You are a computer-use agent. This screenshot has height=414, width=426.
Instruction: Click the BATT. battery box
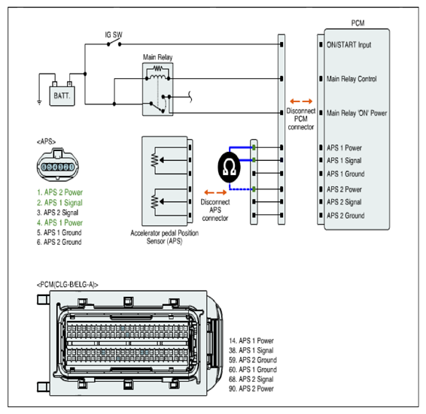point(62,95)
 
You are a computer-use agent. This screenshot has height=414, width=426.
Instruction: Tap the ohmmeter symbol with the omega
point(229,167)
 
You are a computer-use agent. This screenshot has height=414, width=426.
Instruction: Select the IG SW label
point(114,35)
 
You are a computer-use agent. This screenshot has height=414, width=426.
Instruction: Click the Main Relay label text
point(157,57)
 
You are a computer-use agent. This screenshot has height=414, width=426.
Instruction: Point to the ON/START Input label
point(348,45)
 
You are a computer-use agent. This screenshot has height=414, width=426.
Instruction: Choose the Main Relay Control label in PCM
point(351,79)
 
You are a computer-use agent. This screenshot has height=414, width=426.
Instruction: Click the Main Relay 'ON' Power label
point(357,113)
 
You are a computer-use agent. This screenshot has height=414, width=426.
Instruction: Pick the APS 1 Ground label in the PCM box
point(345,174)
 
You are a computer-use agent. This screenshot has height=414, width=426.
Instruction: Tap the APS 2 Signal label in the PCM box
point(344,202)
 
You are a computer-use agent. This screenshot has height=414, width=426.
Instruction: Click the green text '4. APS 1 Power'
point(59,222)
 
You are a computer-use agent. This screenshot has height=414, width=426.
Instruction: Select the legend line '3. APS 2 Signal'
point(58,213)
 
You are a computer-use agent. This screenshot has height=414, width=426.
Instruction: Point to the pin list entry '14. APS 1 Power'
point(251,341)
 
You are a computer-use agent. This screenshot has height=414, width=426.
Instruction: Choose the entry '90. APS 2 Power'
point(251,388)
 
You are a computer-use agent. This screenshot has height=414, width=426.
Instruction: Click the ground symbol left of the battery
point(39,102)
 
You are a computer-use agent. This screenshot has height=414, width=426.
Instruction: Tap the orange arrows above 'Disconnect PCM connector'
point(301,101)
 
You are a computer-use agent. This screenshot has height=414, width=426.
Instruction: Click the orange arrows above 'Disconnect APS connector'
point(215,192)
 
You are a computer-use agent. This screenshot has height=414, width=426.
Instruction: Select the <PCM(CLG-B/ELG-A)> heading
point(68,285)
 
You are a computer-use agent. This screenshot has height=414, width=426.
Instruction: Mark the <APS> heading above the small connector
point(46,141)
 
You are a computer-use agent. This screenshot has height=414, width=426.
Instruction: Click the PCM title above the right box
point(358,23)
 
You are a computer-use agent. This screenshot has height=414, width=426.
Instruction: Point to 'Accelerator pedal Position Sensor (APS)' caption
point(164,237)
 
